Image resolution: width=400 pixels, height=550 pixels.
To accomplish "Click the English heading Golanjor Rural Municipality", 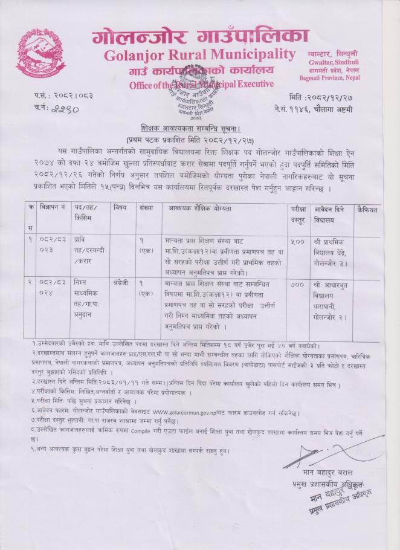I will pos(199,56).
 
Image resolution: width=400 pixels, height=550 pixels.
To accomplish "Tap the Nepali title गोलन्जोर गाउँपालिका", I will pos(199,35).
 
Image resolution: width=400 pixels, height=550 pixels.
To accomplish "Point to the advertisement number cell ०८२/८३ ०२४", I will pos(53,287).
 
